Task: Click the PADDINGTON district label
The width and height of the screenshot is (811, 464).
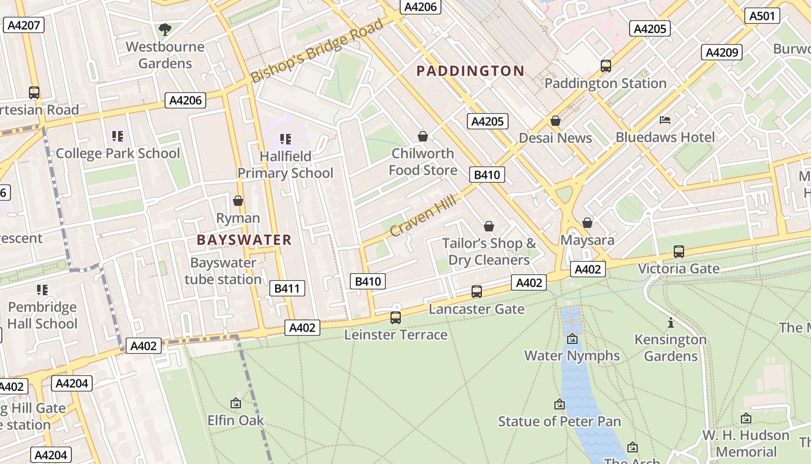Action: tap(470, 71)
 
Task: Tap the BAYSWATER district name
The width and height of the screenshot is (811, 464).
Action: tap(244, 240)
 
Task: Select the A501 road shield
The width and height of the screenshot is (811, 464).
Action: tap(761, 16)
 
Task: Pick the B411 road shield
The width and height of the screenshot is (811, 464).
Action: tap(287, 288)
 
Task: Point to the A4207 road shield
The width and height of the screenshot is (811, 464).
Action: tap(23, 25)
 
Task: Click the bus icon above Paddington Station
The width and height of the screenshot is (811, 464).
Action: tap(605, 66)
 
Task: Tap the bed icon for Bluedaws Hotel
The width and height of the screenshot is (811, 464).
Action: tap(665, 120)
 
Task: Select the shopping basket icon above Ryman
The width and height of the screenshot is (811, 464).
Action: tap(238, 201)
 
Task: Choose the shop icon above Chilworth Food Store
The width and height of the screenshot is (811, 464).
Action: tap(423, 136)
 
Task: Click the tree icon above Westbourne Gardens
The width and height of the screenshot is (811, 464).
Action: tap(165, 29)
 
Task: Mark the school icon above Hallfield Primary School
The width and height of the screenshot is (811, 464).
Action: tap(285, 139)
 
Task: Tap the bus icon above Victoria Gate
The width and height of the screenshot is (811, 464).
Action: tap(678, 252)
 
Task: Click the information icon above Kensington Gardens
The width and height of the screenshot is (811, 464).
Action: tap(670, 322)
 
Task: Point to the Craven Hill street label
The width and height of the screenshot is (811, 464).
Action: tap(423, 215)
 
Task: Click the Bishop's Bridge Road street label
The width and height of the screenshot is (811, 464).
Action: tap(317, 50)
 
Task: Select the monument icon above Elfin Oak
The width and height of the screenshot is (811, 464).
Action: tap(235, 403)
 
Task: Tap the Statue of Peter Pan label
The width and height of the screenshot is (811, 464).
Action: tap(559, 422)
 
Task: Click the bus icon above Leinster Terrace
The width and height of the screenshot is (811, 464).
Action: tap(396, 318)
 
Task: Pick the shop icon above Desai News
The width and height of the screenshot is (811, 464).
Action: tap(555, 121)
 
